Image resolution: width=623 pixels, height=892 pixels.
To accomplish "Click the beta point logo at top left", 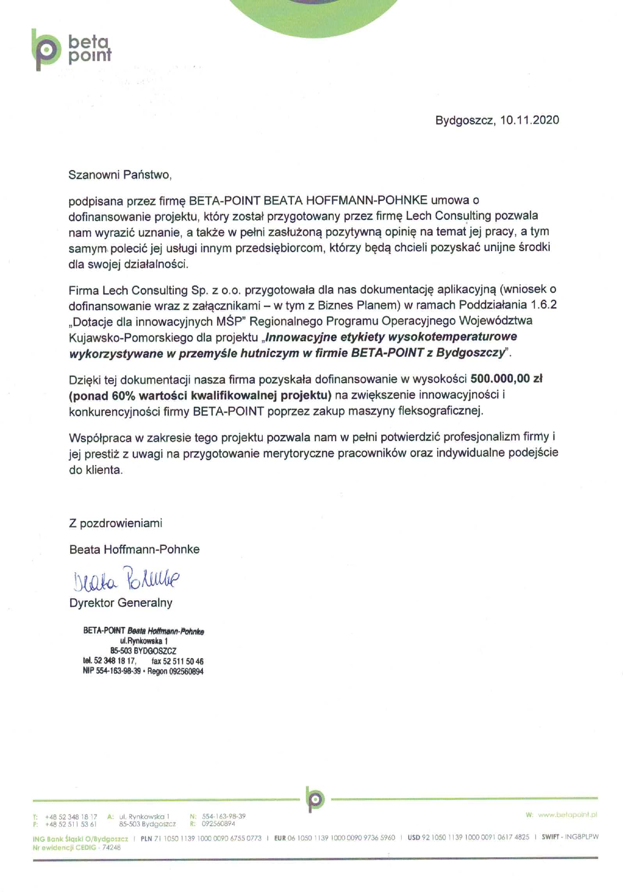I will coord(71,50).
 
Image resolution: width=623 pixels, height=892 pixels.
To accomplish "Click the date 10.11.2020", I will coord(530,120).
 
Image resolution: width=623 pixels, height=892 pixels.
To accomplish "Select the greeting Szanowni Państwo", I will coord(119,175).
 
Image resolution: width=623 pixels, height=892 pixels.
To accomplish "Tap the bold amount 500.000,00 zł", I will coord(506,379).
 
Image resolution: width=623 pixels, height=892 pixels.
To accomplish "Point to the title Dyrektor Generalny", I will coord(120,603).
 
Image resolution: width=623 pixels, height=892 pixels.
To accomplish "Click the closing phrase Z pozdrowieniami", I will coord(115,523).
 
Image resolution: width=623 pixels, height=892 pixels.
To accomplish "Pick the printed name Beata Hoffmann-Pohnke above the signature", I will coord(134,549).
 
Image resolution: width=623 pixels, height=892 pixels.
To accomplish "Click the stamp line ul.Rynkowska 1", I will coord(143,641).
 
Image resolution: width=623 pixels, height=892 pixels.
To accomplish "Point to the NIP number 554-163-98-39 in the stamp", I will coord(118,671).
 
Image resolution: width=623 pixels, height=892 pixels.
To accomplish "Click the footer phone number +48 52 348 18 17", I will coord(71,817).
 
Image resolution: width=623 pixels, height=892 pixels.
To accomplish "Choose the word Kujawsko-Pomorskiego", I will coord(131,337).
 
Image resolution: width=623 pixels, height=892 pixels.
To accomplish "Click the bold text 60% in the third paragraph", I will coord(123,395).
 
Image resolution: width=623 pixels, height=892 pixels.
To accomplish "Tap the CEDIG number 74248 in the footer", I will coord(111,847).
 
